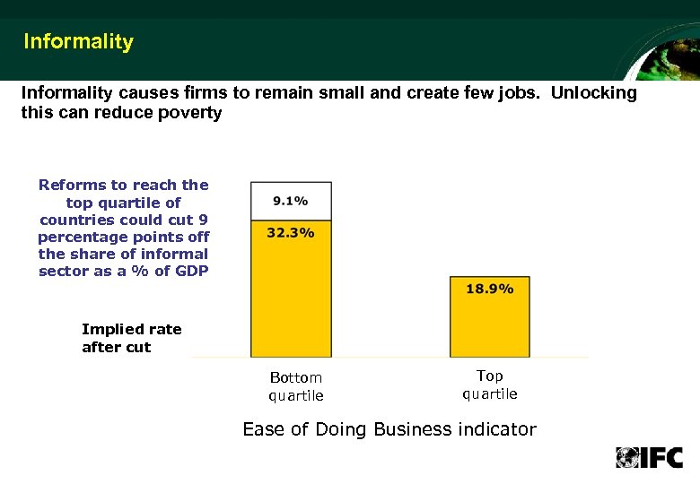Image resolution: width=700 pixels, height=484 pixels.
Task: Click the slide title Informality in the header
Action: (x=78, y=41)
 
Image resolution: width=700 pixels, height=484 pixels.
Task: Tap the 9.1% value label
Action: (x=291, y=201)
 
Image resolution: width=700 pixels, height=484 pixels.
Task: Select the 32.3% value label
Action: (x=291, y=232)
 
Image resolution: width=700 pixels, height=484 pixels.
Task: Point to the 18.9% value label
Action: (x=490, y=289)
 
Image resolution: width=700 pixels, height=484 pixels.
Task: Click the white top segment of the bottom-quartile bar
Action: (x=291, y=199)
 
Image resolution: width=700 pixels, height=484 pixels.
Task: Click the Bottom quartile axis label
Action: (x=295, y=386)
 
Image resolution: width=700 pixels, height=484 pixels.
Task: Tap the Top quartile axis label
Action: (x=490, y=385)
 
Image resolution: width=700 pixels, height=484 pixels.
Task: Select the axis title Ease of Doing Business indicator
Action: (x=389, y=429)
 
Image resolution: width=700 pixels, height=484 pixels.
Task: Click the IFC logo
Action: (x=649, y=457)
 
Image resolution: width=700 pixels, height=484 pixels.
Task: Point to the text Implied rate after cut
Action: (x=131, y=338)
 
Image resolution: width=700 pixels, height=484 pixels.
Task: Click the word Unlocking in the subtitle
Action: (x=594, y=93)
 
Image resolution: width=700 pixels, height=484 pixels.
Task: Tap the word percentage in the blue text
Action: (x=78, y=237)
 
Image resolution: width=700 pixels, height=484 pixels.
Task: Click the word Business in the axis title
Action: (x=416, y=429)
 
